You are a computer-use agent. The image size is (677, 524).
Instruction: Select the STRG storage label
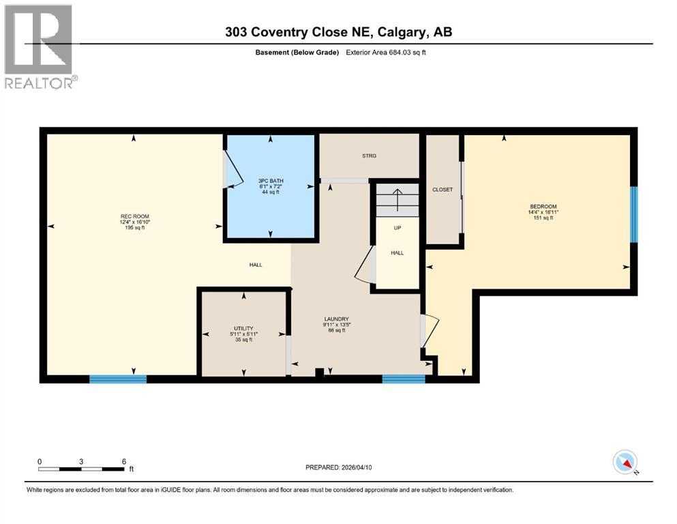(x=369, y=156)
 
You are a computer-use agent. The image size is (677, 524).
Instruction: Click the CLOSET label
(x=442, y=190)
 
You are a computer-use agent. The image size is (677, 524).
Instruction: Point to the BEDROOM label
(x=543, y=207)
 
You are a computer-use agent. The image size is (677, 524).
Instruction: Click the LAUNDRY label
(x=336, y=319)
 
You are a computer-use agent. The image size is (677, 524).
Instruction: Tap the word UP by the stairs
(x=397, y=228)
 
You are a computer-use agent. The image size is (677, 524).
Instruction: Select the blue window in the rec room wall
(x=118, y=379)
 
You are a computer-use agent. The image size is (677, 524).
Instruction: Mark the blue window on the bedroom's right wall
(x=633, y=214)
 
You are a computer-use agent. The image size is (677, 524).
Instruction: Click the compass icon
(x=625, y=463)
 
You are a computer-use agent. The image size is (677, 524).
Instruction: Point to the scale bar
(x=82, y=468)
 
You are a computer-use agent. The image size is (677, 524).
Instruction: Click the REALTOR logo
(x=40, y=46)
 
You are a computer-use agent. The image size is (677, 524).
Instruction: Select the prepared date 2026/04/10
(x=338, y=467)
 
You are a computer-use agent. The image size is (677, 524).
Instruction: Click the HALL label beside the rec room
(x=255, y=265)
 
